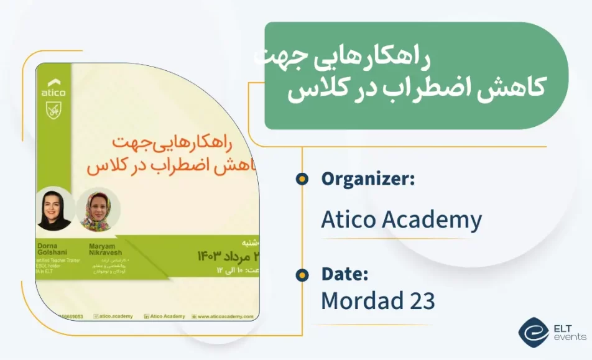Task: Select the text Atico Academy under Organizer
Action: point(401,219)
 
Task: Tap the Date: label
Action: point(345,274)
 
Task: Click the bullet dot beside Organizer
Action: point(302,179)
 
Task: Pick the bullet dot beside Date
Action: point(302,274)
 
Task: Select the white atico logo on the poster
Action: point(53,88)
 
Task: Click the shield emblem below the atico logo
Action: point(53,111)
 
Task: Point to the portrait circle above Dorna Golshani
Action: point(55,210)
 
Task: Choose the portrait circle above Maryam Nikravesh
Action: point(98,210)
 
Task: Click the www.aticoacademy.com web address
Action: point(225,316)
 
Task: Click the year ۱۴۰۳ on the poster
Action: point(209,256)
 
